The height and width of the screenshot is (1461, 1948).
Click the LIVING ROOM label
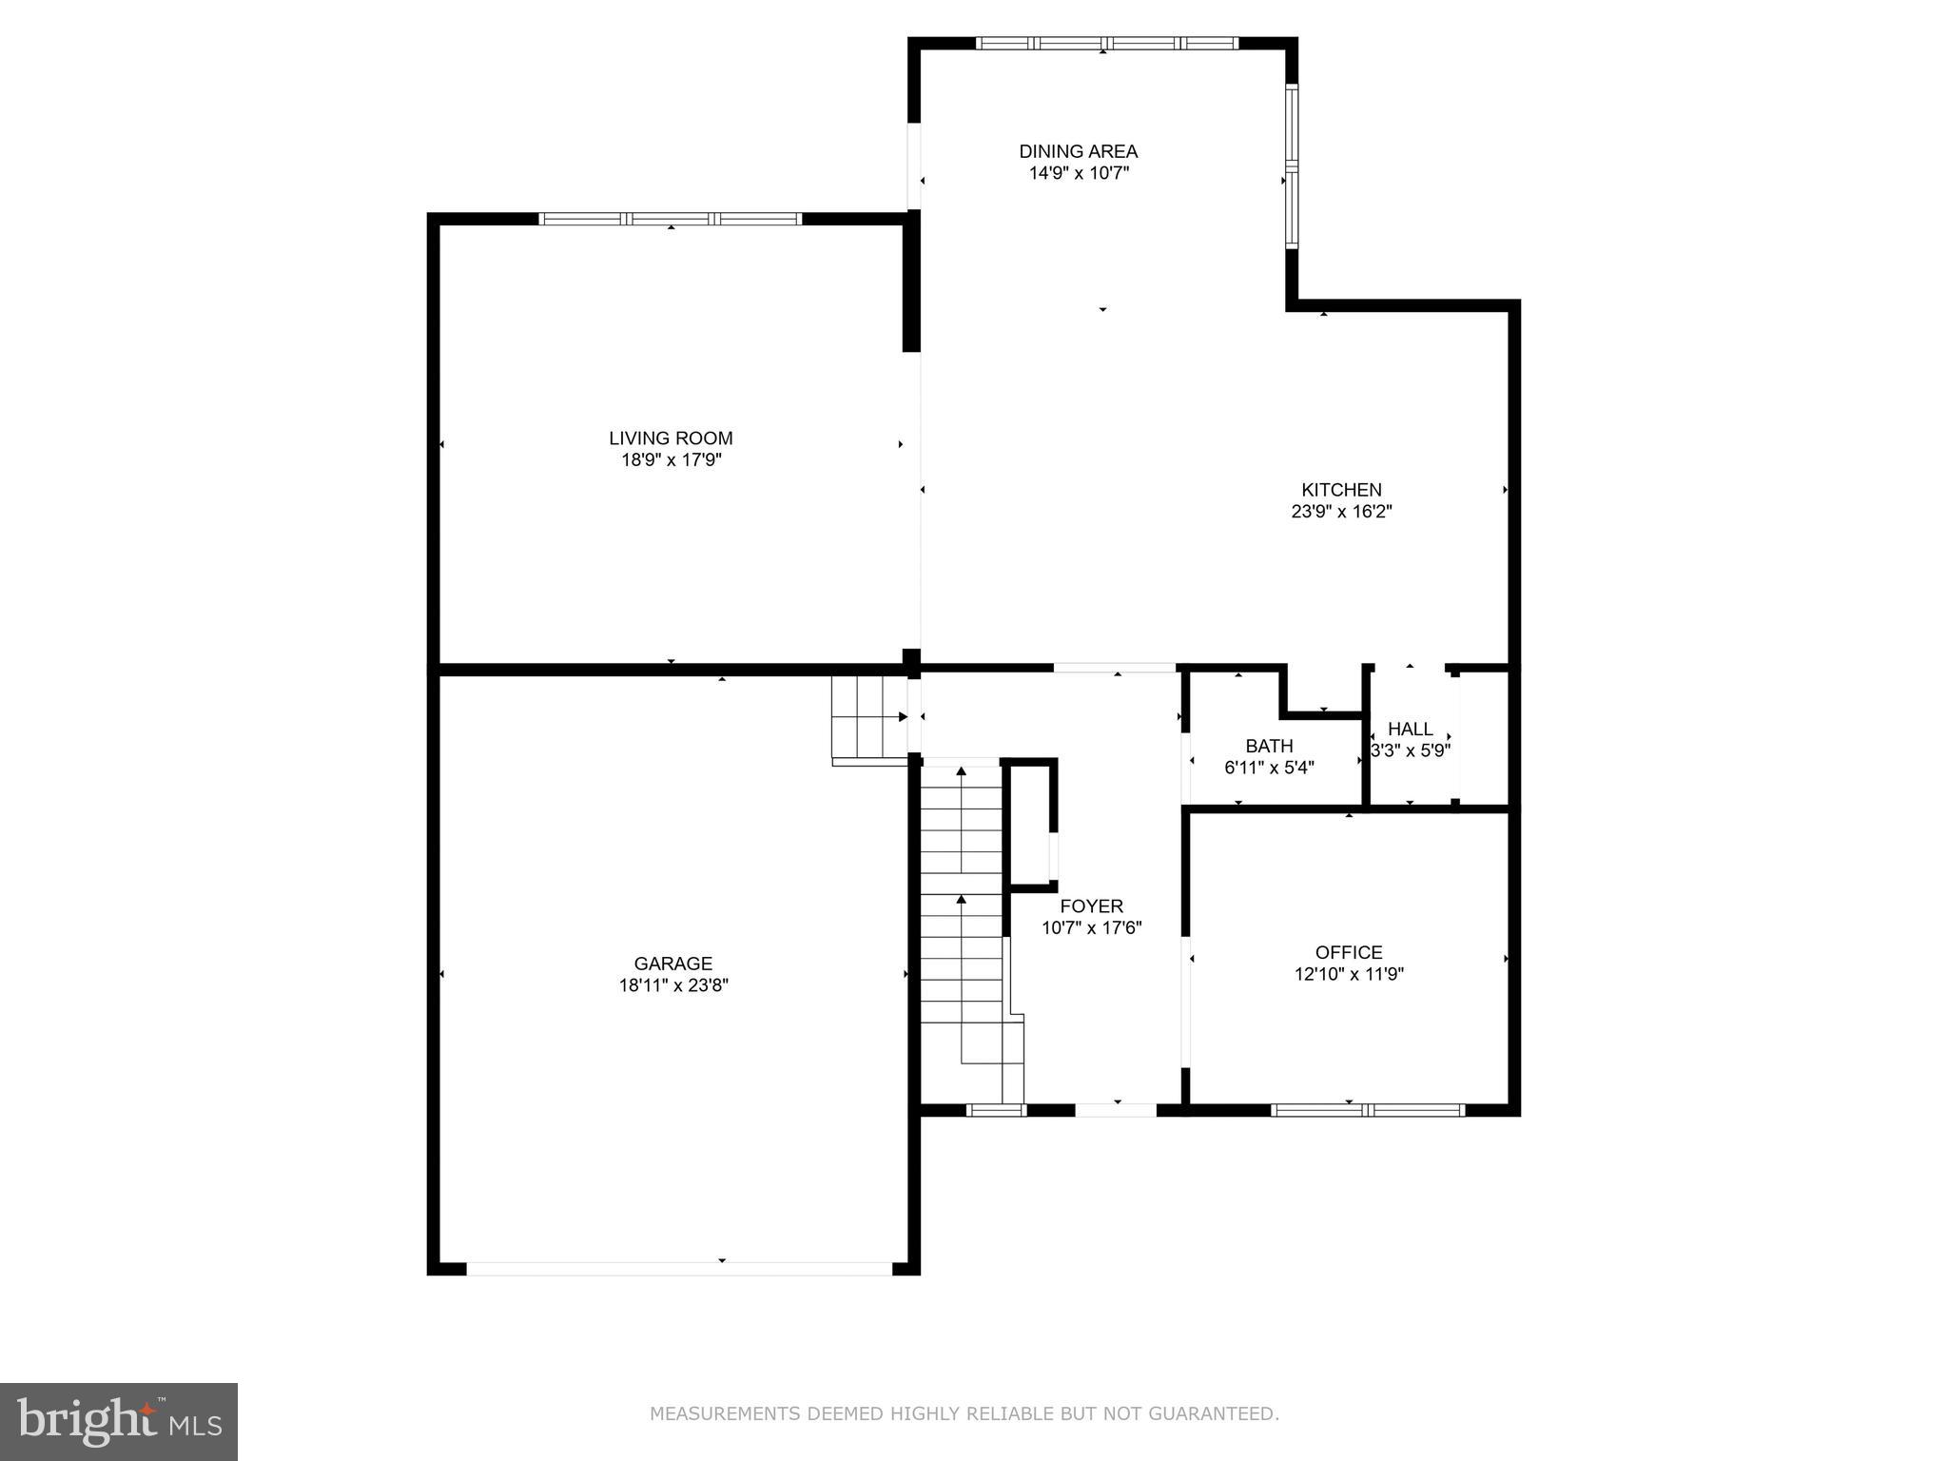[x=671, y=438]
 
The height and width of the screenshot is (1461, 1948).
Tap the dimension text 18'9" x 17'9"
[x=671, y=460]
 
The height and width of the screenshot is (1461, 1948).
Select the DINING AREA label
[x=1078, y=151]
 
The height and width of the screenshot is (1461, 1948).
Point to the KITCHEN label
[x=1341, y=490]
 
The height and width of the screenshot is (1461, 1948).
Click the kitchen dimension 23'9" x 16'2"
[x=1341, y=512]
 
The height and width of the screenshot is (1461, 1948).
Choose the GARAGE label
[x=672, y=964]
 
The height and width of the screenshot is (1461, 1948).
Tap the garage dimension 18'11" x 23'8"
[x=672, y=985]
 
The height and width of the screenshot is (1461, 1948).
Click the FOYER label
[x=1091, y=906]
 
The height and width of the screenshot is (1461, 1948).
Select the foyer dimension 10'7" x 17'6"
[x=1091, y=928]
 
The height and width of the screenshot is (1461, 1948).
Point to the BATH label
[x=1269, y=746]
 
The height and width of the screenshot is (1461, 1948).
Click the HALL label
[x=1410, y=729]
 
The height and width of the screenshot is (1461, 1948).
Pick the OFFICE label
[x=1349, y=952]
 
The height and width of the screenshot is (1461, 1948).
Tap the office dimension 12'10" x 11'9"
[x=1349, y=974]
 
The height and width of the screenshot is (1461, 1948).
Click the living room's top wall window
[x=671, y=219]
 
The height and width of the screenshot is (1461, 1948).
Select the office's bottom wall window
[x=1367, y=1109]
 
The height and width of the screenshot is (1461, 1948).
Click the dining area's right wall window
[x=1292, y=166]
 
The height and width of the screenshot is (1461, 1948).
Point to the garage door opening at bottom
[x=679, y=1268]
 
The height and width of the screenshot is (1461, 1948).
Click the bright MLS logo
[x=119, y=1421]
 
